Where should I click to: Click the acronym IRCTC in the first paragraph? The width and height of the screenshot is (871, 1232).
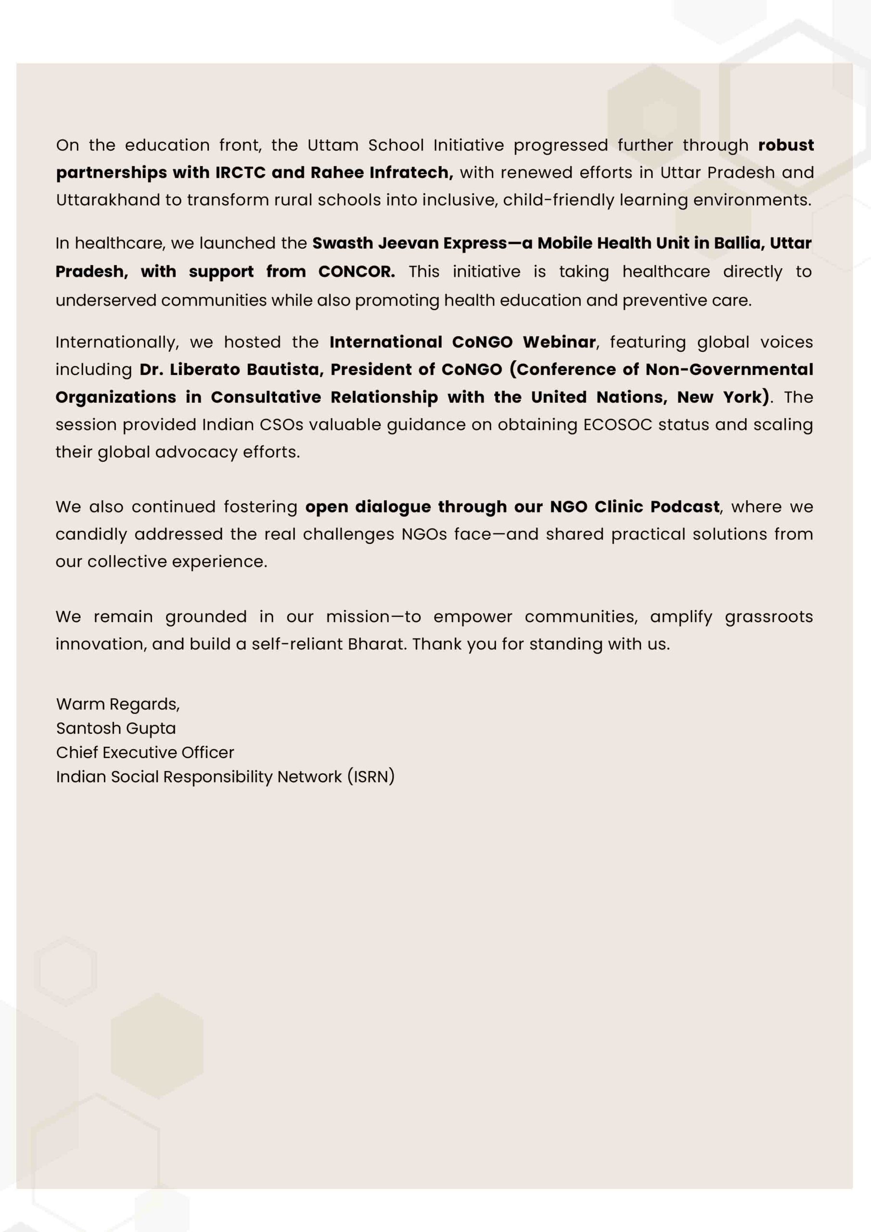pos(241,173)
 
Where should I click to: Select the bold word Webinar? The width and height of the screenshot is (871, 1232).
pos(559,342)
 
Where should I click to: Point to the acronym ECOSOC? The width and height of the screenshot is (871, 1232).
pos(618,425)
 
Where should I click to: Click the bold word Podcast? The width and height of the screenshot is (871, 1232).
pos(685,507)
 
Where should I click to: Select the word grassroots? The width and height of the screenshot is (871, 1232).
pos(769,617)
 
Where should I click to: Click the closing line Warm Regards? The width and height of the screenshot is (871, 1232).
pos(118,704)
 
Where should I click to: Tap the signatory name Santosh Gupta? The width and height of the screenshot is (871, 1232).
pos(116,728)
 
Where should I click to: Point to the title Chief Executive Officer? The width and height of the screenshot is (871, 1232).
pos(145,752)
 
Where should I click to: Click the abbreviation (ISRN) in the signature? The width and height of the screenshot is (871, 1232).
pos(371,776)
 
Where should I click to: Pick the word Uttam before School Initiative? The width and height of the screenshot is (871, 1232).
pos(333,145)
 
